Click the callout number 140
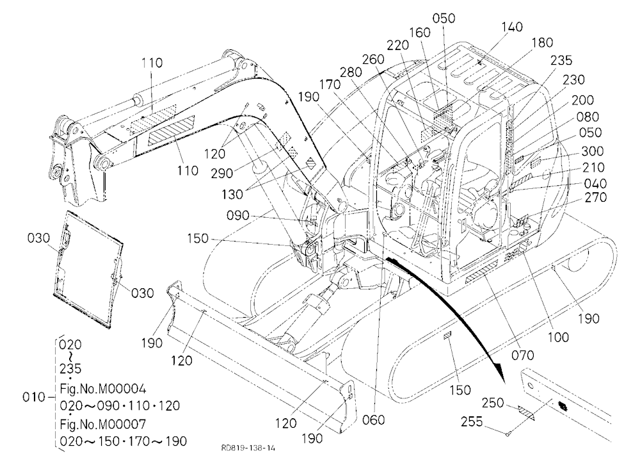pyautogui.click(x=512, y=27)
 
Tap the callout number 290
pyautogui.click(x=223, y=173)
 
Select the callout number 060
pyautogui.click(x=373, y=420)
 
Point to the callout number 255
pyautogui.click(x=472, y=421)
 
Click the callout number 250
pyautogui.click(x=493, y=403)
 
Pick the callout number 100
pyautogui.click(x=558, y=337)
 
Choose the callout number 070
pyautogui.click(x=522, y=355)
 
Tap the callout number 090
pyautogui.click(x=237, y=215)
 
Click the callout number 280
pyautogui.click(x=351, y=72)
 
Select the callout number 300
pyautogui.click(x=592, y=151)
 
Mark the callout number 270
pyautogui.click(x=595, y=197)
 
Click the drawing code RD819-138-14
pyautogui.click(x=248, y=448)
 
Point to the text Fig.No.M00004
pyautogui.click(x=102, y=388)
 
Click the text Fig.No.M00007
pyautogui.click(x=102, y=424)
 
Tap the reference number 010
pyautogui.click(x=33, y=396)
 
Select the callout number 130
pyautogui.click(x=232, y=195)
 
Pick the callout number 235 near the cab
pyautogui.click(x=561, y=60)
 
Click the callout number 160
pyautogui.click(x=420, y=33)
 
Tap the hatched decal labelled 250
pyautogui.click(x=526, y=412)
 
